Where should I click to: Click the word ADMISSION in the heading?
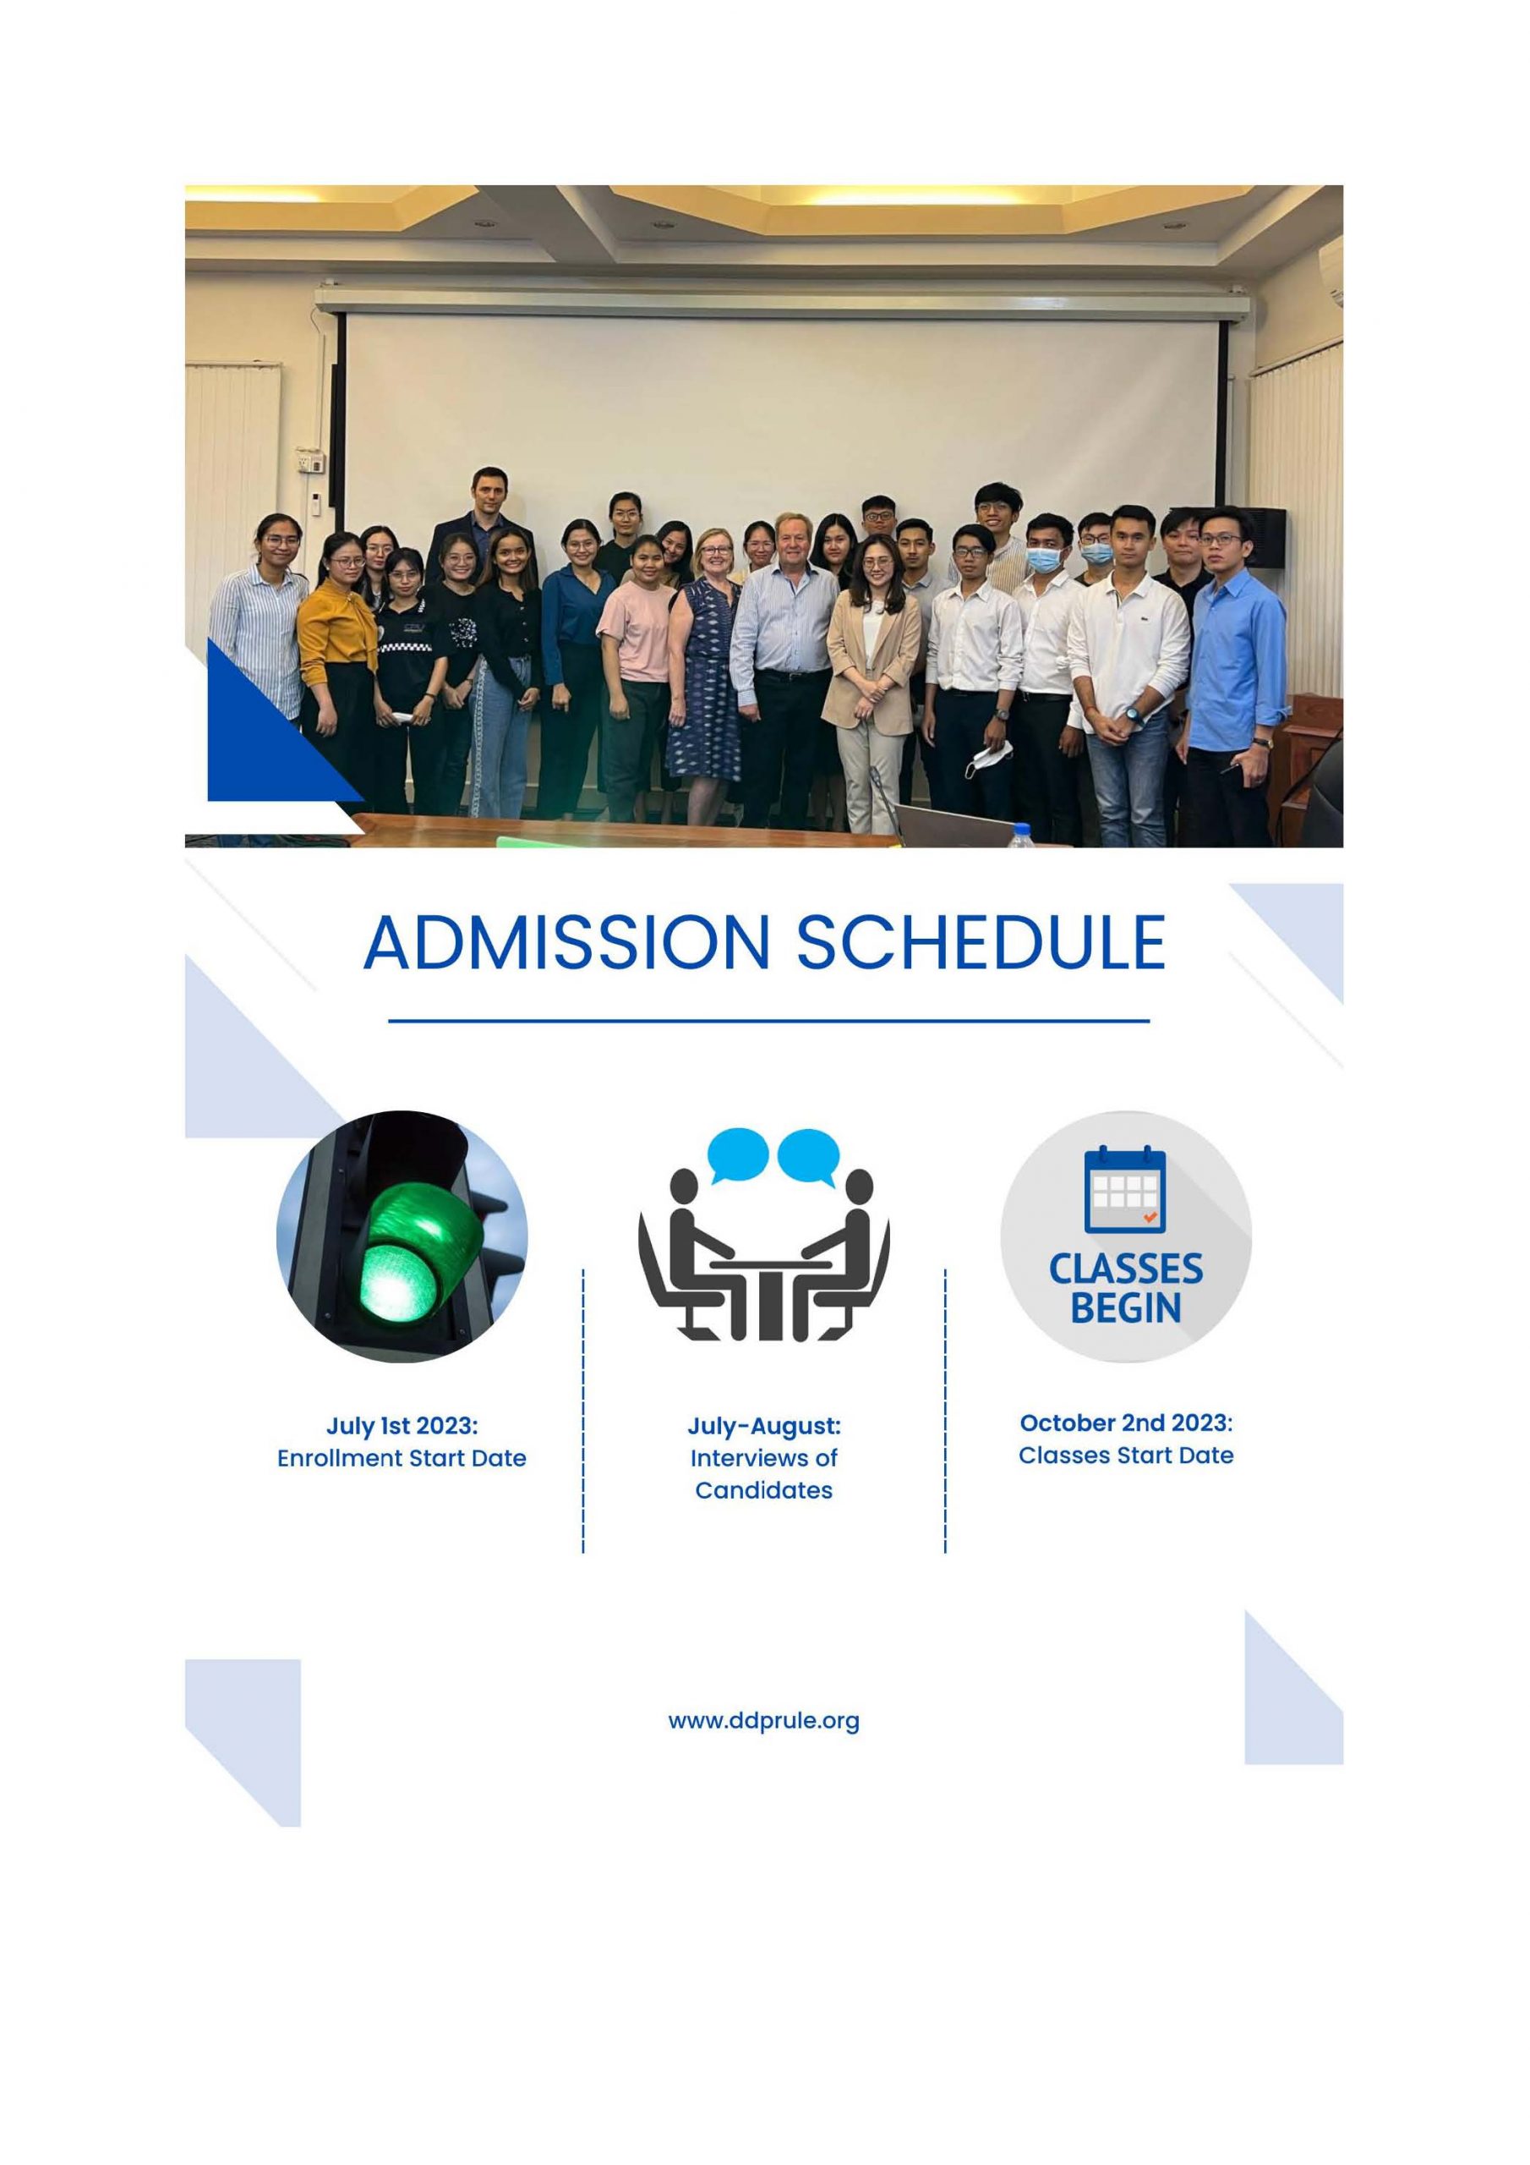[x=566, y=942]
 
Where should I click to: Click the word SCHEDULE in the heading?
[x=981, y=942]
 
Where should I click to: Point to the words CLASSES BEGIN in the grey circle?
[x=1126, y=1288]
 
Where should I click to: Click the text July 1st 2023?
[x=402, y=1425]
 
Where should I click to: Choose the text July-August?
[x=763, y=1426]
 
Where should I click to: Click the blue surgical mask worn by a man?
[x=1044, y=560]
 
